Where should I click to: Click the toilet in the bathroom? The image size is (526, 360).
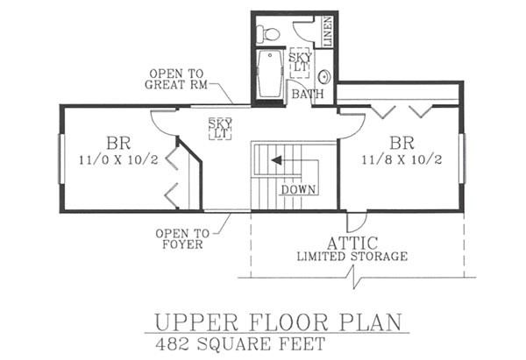[x=267, y=34]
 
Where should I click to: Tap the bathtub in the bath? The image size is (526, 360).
[x=270, y=74]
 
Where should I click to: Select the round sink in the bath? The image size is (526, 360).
[x=324, y=77]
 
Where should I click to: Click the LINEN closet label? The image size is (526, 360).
[x=328, y=32]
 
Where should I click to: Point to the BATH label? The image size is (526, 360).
[x=308, y=94]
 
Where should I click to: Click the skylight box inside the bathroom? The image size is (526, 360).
[x=300, y=63]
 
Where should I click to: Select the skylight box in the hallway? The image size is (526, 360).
[x=220, y=129]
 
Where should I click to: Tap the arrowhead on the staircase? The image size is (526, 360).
[x=276, y=160]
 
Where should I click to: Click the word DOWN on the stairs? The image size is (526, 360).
[x=298, y=190]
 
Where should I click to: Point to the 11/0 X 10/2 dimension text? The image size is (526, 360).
[x=118, y=160]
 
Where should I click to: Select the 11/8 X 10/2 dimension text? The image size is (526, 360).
[x=402, y=159]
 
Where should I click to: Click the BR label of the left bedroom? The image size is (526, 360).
[x=118, y=143]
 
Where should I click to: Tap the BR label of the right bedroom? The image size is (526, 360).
[x=402, y=143]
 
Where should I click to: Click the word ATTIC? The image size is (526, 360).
[x=352, y=243]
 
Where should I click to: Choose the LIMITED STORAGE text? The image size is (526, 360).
[x=352, y=257]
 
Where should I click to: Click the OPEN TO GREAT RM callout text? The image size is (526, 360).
[x=176, y=79]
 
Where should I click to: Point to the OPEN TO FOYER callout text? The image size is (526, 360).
[x=182, y=238]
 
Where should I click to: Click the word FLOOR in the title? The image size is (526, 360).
[x=288, y=322]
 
